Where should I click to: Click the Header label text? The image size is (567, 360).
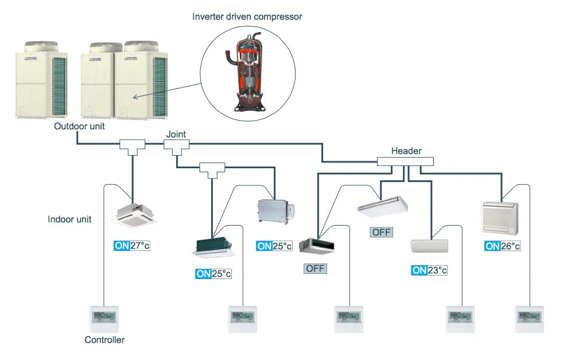406,151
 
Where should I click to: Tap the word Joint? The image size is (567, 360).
176,134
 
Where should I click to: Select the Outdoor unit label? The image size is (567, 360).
80,126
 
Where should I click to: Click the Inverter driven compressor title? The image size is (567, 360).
247,17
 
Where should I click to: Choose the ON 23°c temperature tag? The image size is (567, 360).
429,270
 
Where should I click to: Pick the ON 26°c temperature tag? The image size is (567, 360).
502,246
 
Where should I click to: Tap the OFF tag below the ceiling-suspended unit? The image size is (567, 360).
382,232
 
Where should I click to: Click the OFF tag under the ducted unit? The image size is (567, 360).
315,268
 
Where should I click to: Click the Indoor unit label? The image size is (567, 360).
70,219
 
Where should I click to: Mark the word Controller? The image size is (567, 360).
104,340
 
